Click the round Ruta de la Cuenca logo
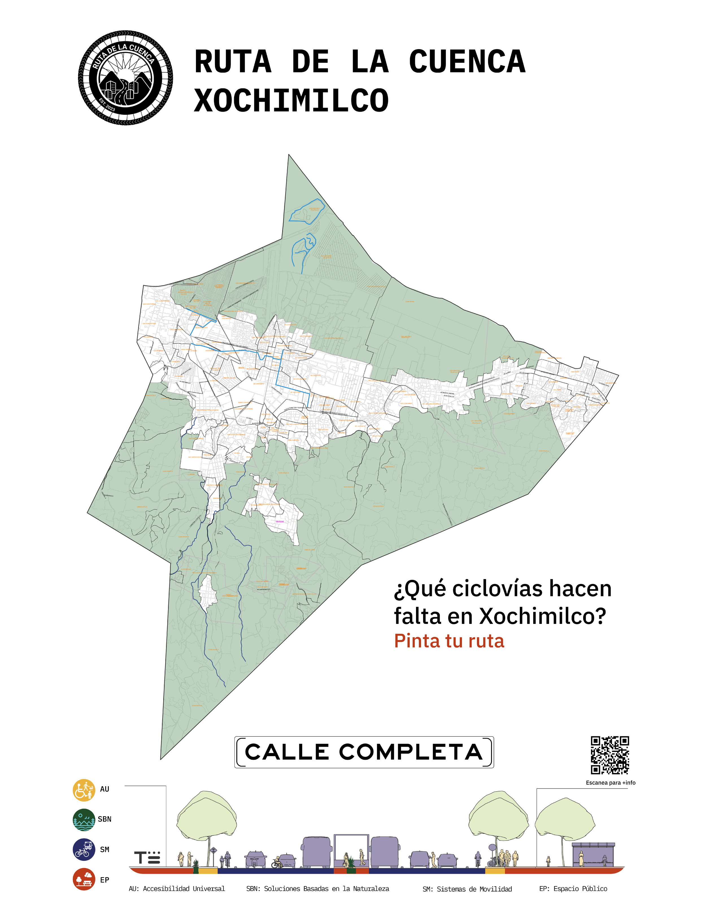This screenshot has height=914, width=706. coord(125,78)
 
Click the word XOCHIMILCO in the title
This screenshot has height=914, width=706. coord(291,101)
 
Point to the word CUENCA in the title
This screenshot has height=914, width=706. coord(467,62)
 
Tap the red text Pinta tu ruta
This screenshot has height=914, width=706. coord(449,641)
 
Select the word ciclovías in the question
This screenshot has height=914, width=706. coord(497,589)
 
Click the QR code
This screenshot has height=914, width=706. coord(610,755)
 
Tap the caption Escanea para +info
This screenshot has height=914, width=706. coord(610,783)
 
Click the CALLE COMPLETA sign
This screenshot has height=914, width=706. coord(364,752)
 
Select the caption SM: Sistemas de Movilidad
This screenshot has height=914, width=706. coord(467,889)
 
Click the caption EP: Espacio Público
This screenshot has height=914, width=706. coord(573,889)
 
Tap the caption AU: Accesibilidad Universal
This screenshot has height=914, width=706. coord(176,889)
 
